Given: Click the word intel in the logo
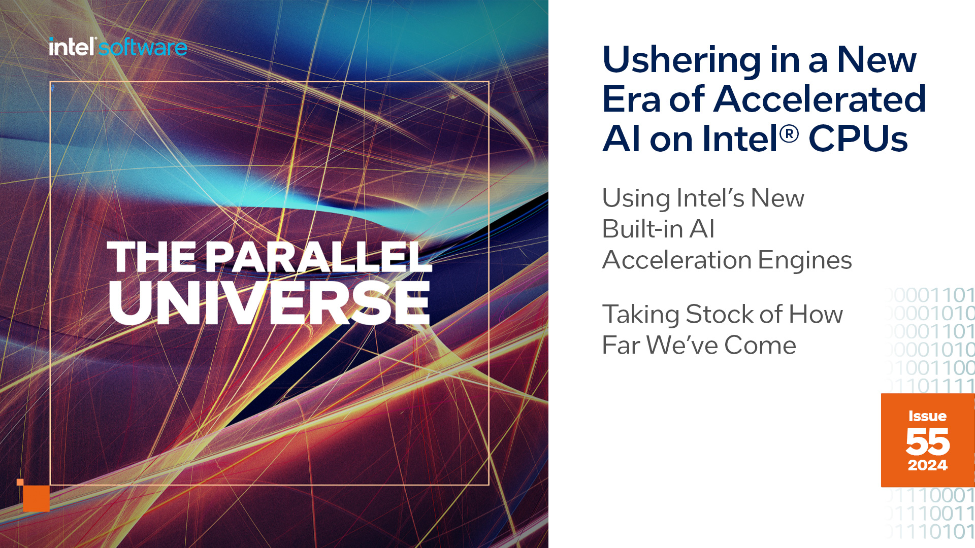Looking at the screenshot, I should coord(72,47).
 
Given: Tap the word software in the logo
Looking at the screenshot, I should coord(143,48).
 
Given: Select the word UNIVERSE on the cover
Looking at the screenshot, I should coord(269,303).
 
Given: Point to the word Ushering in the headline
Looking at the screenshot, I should coord(681,60).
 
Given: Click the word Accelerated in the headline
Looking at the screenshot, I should coord(820,99).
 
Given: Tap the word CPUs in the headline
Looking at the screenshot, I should coord(858,139).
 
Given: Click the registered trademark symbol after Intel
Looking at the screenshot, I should coord(789,134).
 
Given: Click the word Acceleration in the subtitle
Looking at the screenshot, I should coord(676,260).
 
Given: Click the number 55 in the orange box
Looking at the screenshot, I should coord(927,441).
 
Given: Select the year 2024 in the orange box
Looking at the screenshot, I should coord(927,465).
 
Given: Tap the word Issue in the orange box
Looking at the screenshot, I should coord(927,416).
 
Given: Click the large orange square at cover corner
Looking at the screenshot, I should coord(37,498).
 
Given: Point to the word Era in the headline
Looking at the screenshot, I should coord(631,99).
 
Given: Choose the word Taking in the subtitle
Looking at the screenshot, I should coord(640,315).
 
